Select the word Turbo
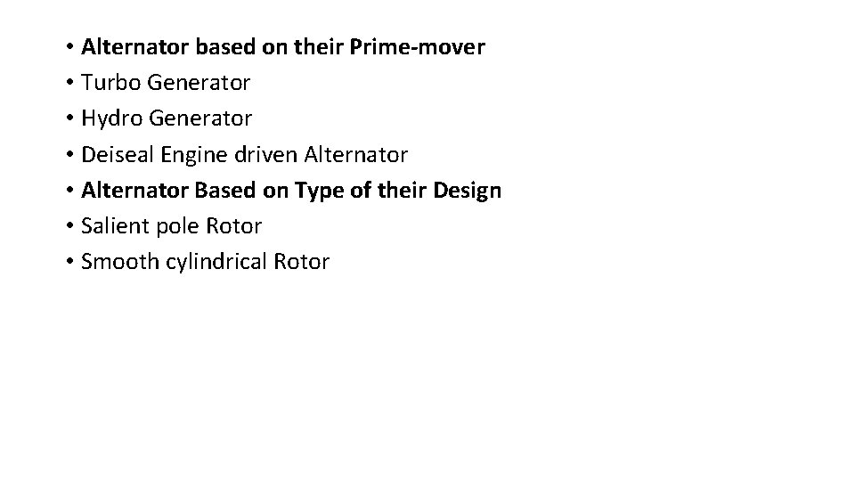pyautogui.click(x=110, y=83)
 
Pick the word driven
pyautogui.click(x=266, y=154)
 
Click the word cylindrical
pyautogui.click(x=215, y=262)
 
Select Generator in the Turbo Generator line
pyautogui.click(x=199, y=83)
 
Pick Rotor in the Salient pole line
pyautogui.click(x=233, y=226)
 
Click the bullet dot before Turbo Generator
pyautogui.click(x=69, y=84)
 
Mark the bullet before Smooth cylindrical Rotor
pyautogui.click(x=69, y=263)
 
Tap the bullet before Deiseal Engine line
pyautogui.click(x=69, y=155)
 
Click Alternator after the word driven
pyautogui.click(x=355, y=154)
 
